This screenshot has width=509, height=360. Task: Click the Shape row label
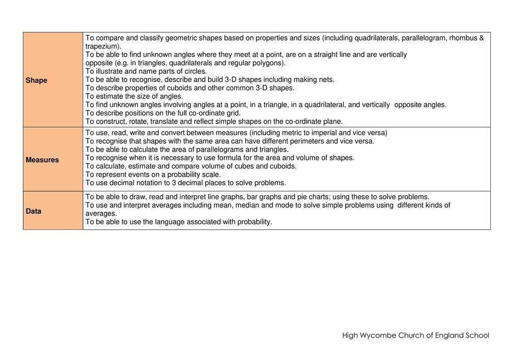[x=36, y=80]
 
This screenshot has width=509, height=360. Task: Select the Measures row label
[x=42, y=160]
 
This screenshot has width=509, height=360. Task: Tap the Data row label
[x=33, y=211]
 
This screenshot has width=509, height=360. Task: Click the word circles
[x=194, y=71]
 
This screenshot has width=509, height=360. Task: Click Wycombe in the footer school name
[x=383, y=335]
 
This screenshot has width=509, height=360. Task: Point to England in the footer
[x=449, y=335]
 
